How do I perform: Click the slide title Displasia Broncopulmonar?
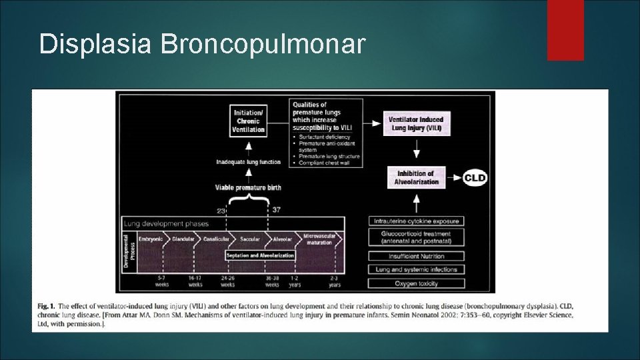click(202, 44)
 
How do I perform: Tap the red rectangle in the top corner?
click(565, 30)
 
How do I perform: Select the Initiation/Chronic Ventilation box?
click(248, 121)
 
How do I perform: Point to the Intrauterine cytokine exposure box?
click(415, 221)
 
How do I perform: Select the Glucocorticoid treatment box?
click(415, 237)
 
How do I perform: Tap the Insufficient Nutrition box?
click(415, 256)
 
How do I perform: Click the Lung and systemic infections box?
click(415, 269)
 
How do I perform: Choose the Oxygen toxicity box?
click(415, 283)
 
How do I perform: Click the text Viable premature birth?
click(248, 187)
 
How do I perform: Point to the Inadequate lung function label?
click(248, 161)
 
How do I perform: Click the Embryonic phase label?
click(150, 239)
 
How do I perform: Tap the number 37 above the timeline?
click(277, 210)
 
